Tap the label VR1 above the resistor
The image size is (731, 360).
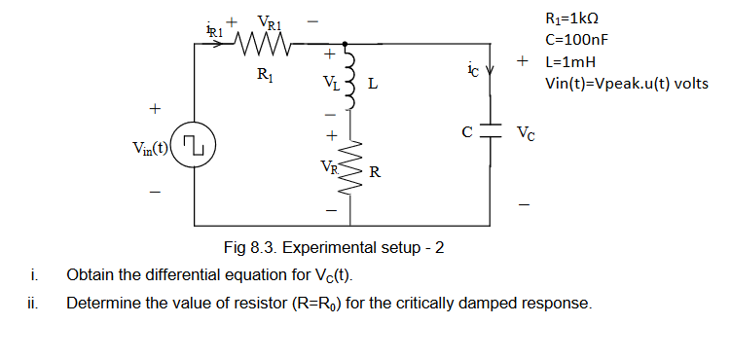(271, 21)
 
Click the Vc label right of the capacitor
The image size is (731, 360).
(526, 131)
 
